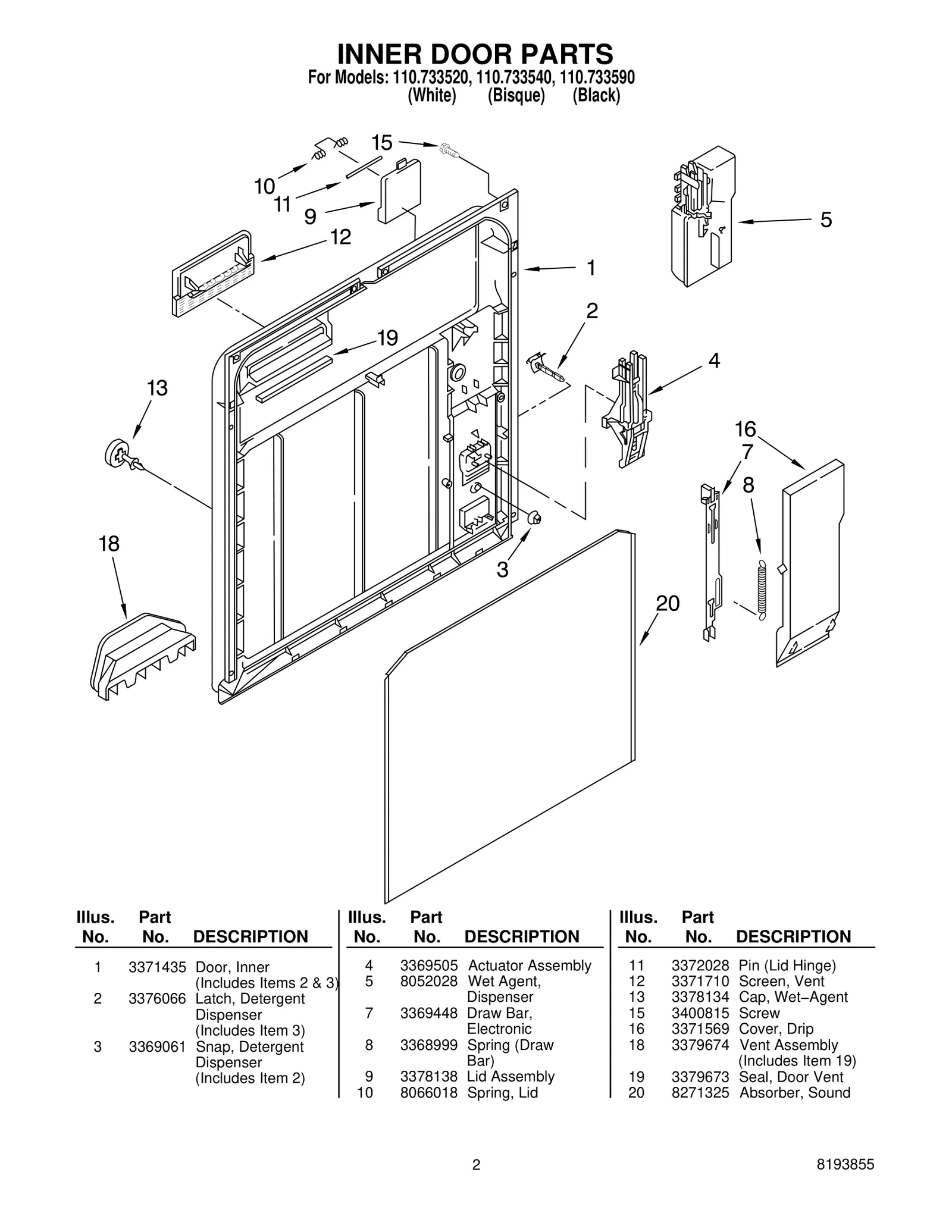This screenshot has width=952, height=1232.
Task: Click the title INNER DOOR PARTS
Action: [x=475, y=55]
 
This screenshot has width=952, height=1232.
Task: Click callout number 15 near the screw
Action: [x=382, y=143]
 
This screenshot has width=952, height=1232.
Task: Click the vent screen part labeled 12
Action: [x=213, y=272]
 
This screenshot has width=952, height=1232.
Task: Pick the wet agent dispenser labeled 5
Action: [x=703, y=217]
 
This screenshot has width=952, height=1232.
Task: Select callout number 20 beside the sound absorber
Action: [x=667, y=604]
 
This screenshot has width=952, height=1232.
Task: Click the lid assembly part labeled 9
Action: [x=400, y=192]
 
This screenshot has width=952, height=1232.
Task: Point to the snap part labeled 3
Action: [x=534, y=517]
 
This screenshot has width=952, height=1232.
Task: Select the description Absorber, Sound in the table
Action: [x=794, y=1093]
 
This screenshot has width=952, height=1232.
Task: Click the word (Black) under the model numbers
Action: [x=596, y=95]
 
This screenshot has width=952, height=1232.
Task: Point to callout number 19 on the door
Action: [x=387, y=338]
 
